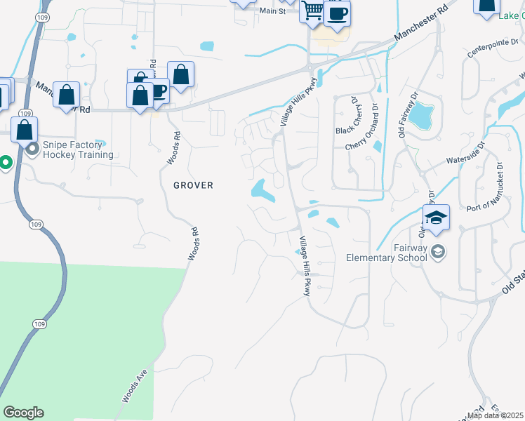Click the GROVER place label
pos(193,185)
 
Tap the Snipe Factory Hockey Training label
pos(78,149)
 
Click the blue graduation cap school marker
pos(436,218)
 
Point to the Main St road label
pos(272,11)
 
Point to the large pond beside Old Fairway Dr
pos(422,114)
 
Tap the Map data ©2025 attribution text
pos(495,415)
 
